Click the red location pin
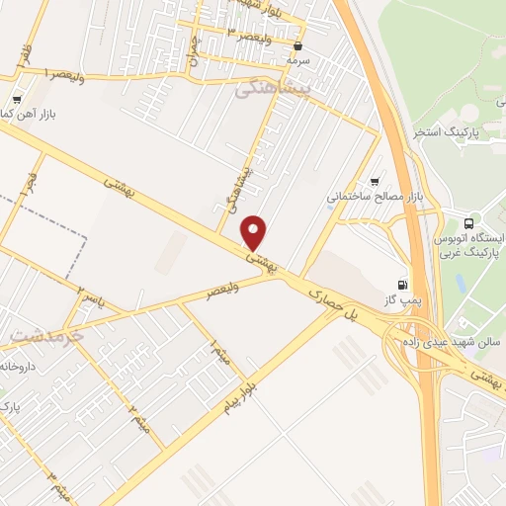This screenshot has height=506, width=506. (x=254, y=232)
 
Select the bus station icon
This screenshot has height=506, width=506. (x=469, y=222)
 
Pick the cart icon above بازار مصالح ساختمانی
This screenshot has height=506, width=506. (x=375, y=181)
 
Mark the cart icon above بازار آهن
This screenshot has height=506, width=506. (x=17, y=100)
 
